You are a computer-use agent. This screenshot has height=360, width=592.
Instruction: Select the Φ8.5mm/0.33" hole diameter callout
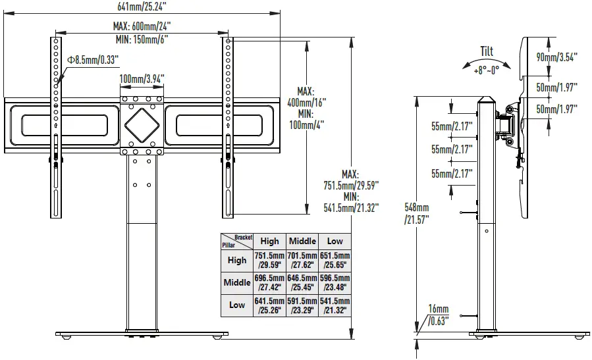click(93, 59)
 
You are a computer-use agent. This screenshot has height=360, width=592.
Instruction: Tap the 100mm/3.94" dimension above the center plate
click(142, 78)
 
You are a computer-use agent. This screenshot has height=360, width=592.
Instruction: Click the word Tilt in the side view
click(486, 52)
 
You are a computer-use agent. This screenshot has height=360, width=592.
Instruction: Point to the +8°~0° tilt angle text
click(486, 68)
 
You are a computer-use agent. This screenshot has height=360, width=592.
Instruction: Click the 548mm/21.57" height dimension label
click(416, 213)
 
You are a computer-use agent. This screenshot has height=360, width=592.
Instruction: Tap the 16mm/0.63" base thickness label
click(438, 315)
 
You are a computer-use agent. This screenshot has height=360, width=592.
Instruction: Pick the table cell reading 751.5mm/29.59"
click(269, 260)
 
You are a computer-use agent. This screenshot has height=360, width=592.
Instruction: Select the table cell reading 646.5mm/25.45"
click(302, 282)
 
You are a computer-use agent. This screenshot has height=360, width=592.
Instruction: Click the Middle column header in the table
click(302, 241)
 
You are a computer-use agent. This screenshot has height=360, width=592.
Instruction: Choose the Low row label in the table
click(237, 305)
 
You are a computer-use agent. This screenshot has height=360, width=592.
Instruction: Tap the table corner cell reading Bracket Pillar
click(237, 241)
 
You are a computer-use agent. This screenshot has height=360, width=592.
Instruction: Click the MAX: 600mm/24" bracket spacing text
click(142, 26)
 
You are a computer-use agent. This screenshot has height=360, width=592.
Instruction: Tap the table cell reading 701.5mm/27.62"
click(302, 260)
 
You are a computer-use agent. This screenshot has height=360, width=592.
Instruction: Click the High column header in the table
click(269, 241)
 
